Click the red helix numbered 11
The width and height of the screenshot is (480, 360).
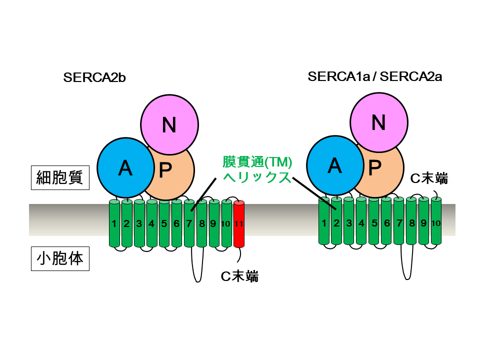(x=239, y=224)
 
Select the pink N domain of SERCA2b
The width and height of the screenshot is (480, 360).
(x=169, y=124)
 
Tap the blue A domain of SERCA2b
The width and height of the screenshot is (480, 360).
(x=126, y=168)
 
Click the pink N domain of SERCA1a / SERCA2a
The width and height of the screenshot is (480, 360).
(x=378, y=122)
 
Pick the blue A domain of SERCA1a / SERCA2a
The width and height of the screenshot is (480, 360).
(x=335, y=165)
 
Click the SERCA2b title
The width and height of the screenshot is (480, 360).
(x=94, y=77)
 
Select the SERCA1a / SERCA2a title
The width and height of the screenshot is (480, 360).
(x=374, y=76)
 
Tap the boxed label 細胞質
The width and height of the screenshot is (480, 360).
(x=60, y=177)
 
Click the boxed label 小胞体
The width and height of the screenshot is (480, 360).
(x=60, y=258)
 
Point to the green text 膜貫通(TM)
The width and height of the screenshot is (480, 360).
(x=257, y=162)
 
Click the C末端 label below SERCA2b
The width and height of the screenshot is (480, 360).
(x=239, y=276)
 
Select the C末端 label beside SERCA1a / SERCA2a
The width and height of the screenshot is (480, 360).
(x=429, y=178)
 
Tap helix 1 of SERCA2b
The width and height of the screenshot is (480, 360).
(x=114, y=223)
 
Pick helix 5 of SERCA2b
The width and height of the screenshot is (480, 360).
(x=164, y=223)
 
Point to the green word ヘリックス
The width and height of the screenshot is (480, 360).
(x=256, y=177)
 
